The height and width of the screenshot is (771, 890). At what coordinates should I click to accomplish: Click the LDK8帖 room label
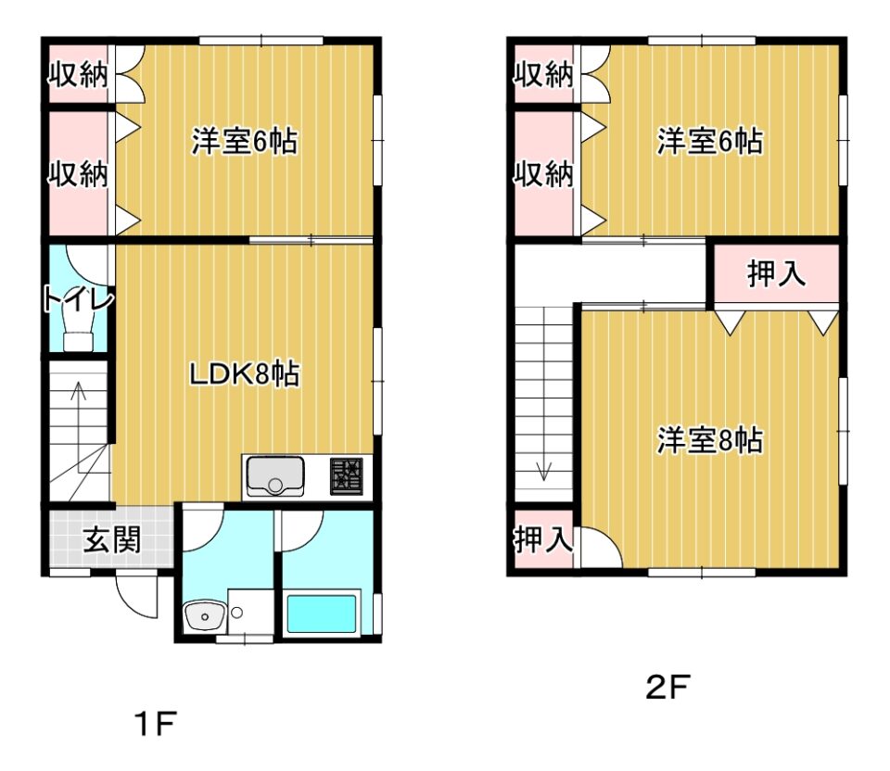244,373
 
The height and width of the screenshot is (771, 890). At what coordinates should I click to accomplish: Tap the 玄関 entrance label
112,539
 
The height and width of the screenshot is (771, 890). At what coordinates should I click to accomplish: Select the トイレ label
79,299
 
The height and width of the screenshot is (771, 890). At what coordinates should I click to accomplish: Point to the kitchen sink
275,475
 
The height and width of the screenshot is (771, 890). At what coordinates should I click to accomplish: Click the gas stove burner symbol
347,476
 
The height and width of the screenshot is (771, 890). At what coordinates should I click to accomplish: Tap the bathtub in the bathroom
322,613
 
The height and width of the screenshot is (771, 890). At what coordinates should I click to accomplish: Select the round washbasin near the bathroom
204,615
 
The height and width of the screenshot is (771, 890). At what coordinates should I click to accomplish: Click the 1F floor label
156,723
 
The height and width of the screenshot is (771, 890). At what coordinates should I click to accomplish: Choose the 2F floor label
667,687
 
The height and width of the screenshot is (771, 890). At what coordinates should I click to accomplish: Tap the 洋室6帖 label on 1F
244,141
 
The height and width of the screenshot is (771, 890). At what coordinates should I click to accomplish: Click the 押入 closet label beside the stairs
543,539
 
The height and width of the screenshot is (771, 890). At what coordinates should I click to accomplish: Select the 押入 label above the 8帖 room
776,273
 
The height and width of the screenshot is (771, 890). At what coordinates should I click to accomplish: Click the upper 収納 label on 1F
78,74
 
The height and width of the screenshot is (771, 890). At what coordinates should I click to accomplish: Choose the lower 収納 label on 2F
544,173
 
